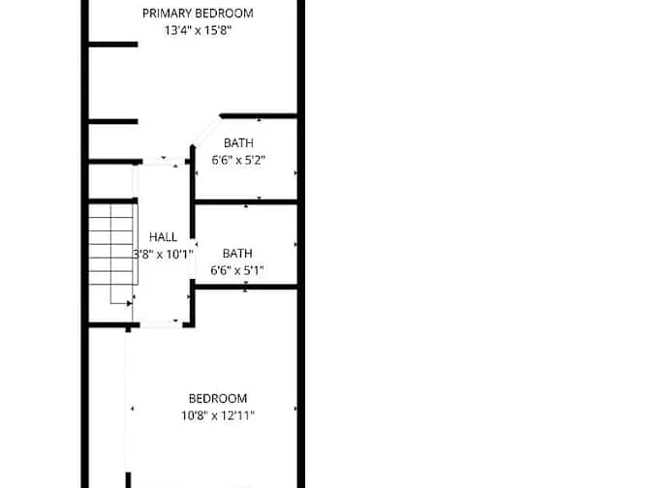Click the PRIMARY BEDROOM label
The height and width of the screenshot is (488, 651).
[x=198, y=14]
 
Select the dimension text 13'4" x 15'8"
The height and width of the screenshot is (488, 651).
[x=198, y=30]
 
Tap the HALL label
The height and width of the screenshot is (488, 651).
[x=163, y=237]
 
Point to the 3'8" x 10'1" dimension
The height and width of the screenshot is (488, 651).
[x=163, y=254]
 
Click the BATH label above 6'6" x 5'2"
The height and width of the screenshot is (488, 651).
[x=238, y=142]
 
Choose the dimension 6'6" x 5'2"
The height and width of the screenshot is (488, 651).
[x=238, y=160]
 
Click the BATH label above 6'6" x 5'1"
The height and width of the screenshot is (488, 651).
[x=237, y=253]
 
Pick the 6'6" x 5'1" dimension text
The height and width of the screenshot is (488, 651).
[x=237, y=270]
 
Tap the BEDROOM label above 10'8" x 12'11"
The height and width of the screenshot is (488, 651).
[x=218, y=398]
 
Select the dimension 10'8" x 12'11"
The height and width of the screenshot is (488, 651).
[x=218, y=415]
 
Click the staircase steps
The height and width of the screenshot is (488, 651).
[x=113, y=245]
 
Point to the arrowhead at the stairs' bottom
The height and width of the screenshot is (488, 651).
[x=129, y=304]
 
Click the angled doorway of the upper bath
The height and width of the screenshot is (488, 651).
[x=206, y=132]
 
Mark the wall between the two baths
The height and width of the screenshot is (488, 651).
[x=246, y=202]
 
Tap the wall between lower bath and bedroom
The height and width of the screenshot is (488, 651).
[x=246, y=287]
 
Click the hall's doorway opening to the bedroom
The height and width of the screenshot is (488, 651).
[x=161, y=324]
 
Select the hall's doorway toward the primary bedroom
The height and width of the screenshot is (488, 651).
[x=164, y=161]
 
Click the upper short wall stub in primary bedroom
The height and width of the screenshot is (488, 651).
[x=113, y=45]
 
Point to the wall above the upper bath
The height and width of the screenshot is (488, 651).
[x=259, y=116]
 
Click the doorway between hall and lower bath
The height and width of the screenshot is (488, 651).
[x=193, y=259]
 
